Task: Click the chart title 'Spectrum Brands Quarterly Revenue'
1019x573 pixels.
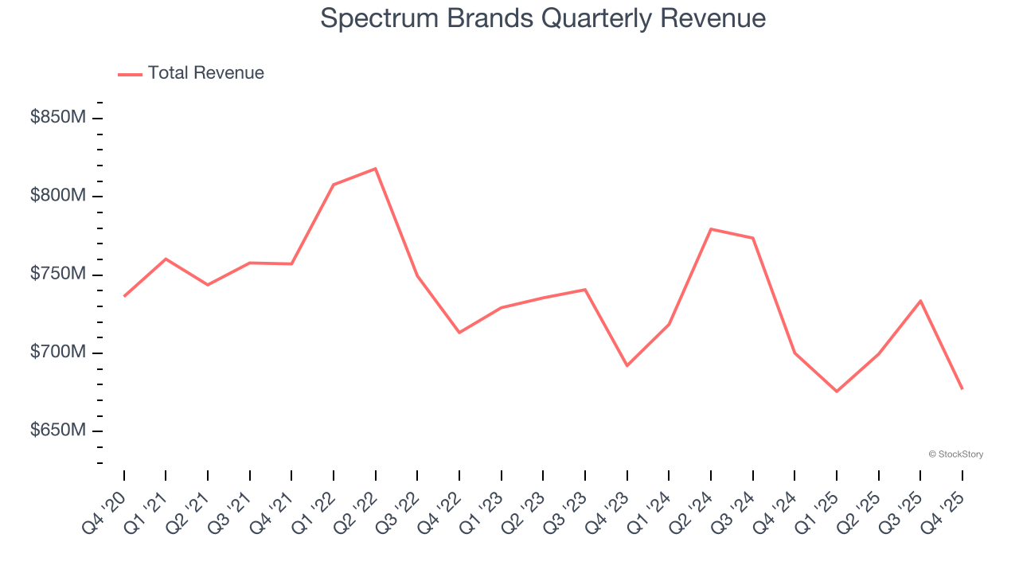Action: pos(543,18)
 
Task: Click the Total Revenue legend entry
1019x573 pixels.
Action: pos(191,73)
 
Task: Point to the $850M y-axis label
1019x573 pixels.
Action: pos(58,118)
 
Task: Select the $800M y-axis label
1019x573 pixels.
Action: pos(58,196)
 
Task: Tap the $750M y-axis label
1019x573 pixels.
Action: pos(58,274)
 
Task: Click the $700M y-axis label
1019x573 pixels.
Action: pos(58,352)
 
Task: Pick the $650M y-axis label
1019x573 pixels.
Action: pos(58,431)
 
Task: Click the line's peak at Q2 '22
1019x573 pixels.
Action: pos(375,169)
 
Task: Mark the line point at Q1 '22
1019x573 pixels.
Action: pos(334,185)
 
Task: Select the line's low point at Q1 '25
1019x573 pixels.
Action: pos(837,392)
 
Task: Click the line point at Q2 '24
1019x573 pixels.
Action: pos(710,229)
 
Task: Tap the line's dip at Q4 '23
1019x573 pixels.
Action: pos(627,366)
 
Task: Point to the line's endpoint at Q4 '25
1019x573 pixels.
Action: pos(962,388)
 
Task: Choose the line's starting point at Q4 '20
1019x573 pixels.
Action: pos(124,296)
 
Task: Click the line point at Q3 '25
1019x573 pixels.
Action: pos(920,301)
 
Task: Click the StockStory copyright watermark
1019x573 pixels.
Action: pos(955,454)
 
